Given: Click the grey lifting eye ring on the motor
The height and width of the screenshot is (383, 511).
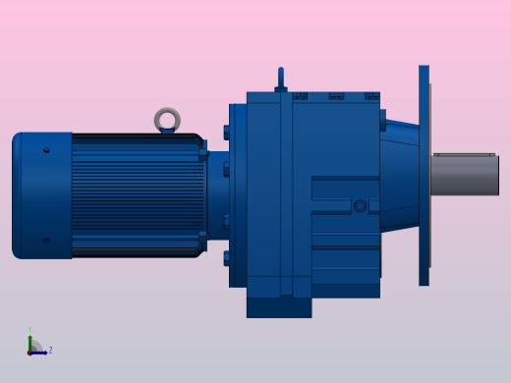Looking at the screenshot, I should click(x=167, y=120).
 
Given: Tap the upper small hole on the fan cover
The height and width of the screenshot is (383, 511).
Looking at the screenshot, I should click(x=46, y=150).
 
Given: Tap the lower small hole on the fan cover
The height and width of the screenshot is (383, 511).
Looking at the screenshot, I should click(x=46, y=240).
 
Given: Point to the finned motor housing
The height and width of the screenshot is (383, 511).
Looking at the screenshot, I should click(x=136, y=194).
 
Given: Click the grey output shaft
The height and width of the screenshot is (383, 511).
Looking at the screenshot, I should click(x=464, y=176).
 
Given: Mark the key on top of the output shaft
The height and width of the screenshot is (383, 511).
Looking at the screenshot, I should click(x=464, y=154).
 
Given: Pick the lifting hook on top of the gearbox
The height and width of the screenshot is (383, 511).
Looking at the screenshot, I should click(x=280, y=79).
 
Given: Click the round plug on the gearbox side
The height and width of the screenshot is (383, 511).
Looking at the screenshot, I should click(x=360, y=205).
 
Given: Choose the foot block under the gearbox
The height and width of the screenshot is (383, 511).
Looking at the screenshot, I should click(x=278, y=307).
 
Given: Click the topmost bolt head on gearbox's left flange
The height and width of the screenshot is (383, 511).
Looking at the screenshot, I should click(x=227, y=132).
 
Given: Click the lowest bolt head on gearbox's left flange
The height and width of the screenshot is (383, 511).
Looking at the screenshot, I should click(x=227, y=258).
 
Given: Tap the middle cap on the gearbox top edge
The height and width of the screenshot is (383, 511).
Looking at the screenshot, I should click(x=336, y=96).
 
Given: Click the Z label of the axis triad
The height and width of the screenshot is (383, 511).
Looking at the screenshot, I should click(x=50, y=350).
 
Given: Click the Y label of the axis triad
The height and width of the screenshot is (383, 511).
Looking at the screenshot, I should click(x=29, y=331).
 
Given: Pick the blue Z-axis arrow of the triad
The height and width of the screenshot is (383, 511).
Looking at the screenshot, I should click(x=40, y=352).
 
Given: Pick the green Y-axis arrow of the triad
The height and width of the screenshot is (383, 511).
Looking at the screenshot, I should click(x=29, y=342).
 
